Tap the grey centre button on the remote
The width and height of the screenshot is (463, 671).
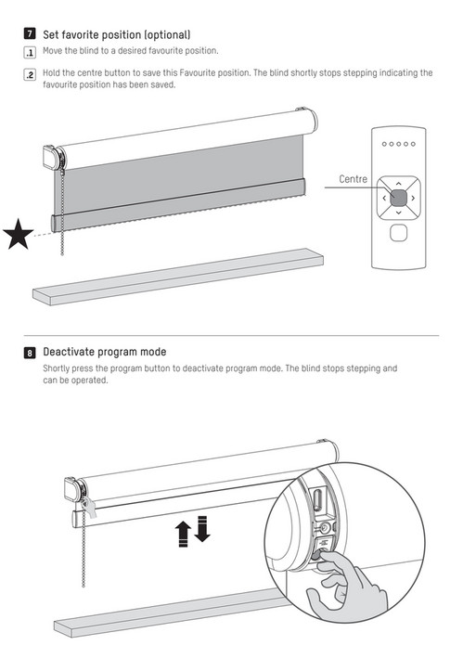pyautogui.click(x=398, y=197)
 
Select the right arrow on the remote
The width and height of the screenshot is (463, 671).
pyautogui.click(x=414, y=197)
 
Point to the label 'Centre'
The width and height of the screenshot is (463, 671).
pyautogui.click(x=353, y=178)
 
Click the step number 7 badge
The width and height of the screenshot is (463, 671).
pyautogui.click(x=29, y=33)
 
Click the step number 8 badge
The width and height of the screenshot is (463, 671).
pyautogui.click(x=29, y=352)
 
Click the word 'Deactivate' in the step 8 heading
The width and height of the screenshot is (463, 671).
pyautogui.click(x=71, y=352)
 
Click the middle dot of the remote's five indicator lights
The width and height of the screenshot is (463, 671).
pyautogui.click(x=398, y=144)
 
